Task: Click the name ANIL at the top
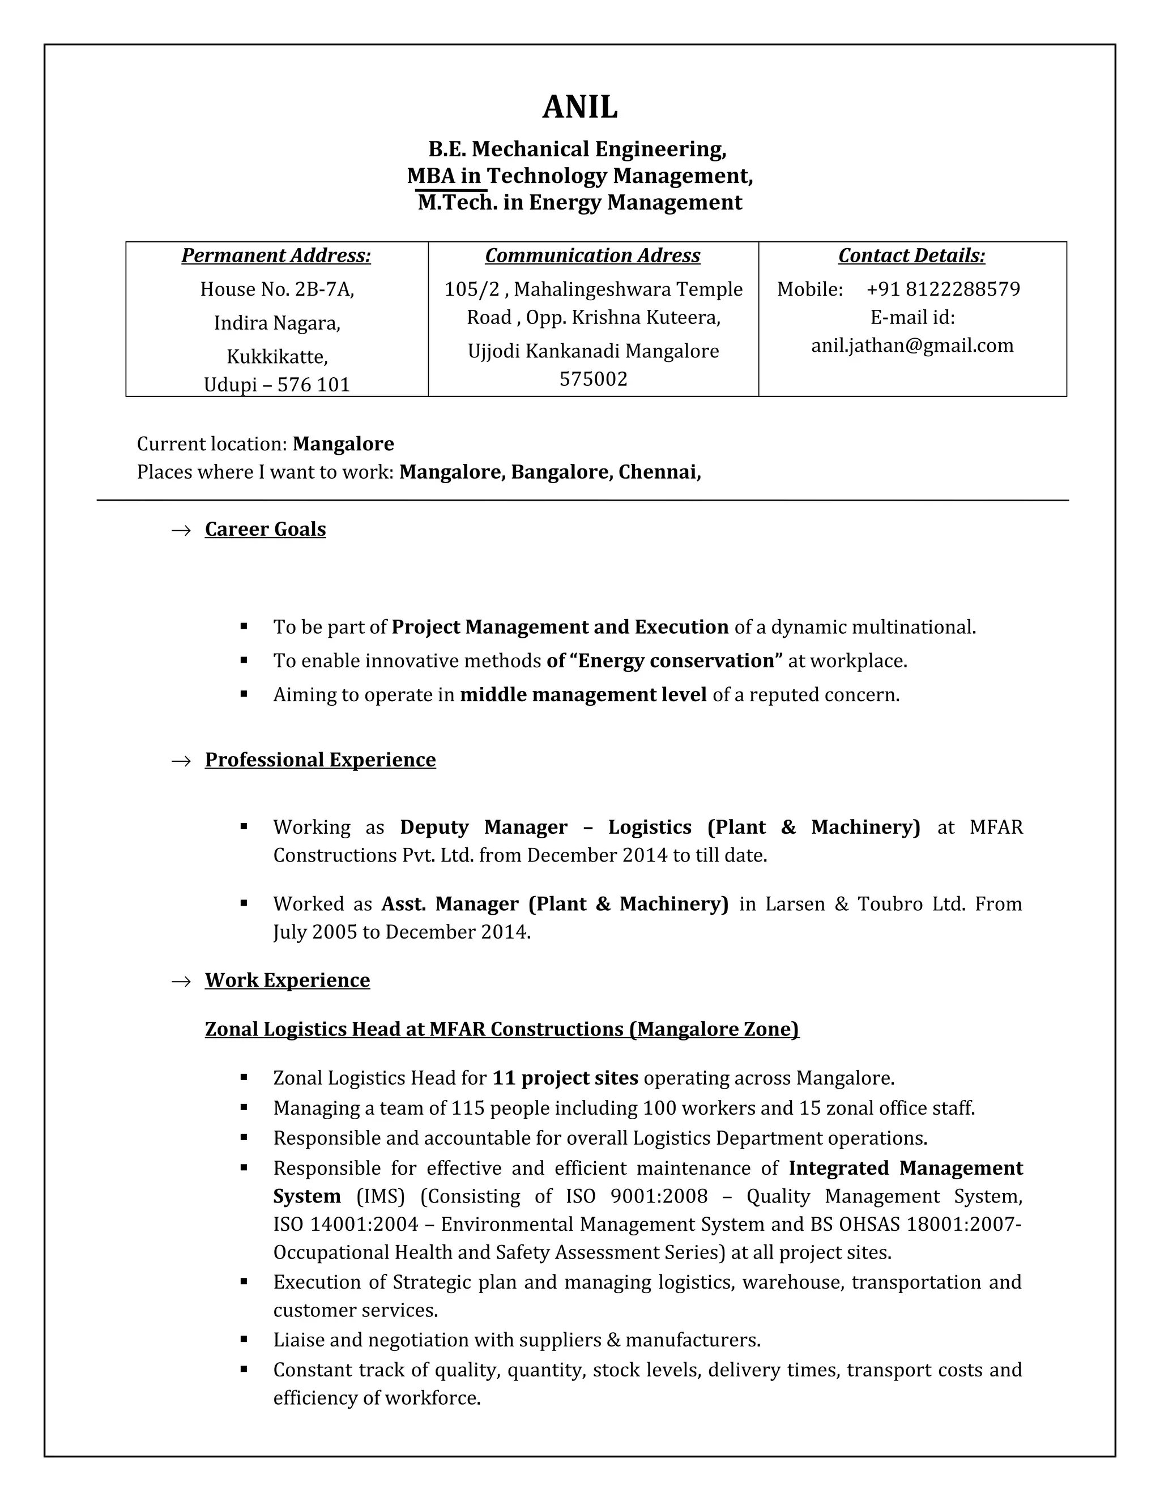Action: (x=580, y=107)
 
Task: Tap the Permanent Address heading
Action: (x=276, y=255)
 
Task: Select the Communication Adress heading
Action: (x=592, y=255)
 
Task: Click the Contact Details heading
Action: (x=911, y=255)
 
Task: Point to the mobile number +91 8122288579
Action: (x=943, y=289)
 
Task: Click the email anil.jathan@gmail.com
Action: (x=912, y=346)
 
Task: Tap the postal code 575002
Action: (x=593, y=379)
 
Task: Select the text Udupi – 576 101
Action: (x=276, y=384)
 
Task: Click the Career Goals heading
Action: (x=265, y=529)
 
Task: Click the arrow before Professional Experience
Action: (x=181, y=761)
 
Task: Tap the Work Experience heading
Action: (x=287, y=980)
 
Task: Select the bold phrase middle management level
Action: (x=583, y=695)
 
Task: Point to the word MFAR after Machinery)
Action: (x=996, y=827)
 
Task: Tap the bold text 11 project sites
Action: (x=565, y=1078)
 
